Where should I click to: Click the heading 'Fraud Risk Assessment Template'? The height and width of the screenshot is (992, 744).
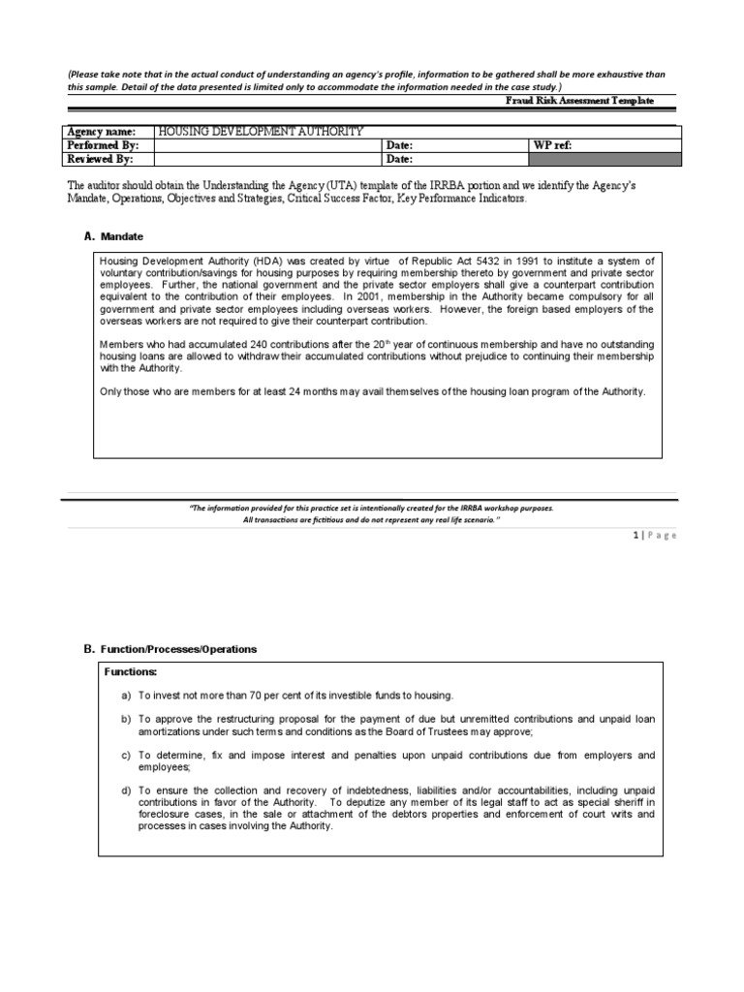[579, 101]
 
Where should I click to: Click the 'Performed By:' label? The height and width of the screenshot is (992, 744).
[103, 144]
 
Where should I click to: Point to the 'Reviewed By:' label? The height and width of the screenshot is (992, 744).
[100, 159]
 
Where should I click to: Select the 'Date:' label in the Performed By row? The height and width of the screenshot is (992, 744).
[400, 144]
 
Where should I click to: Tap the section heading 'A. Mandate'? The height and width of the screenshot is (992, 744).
[114, 235]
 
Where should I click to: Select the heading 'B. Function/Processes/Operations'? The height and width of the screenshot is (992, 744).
[170, 649]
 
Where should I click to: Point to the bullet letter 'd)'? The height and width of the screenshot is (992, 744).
[126, 790]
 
